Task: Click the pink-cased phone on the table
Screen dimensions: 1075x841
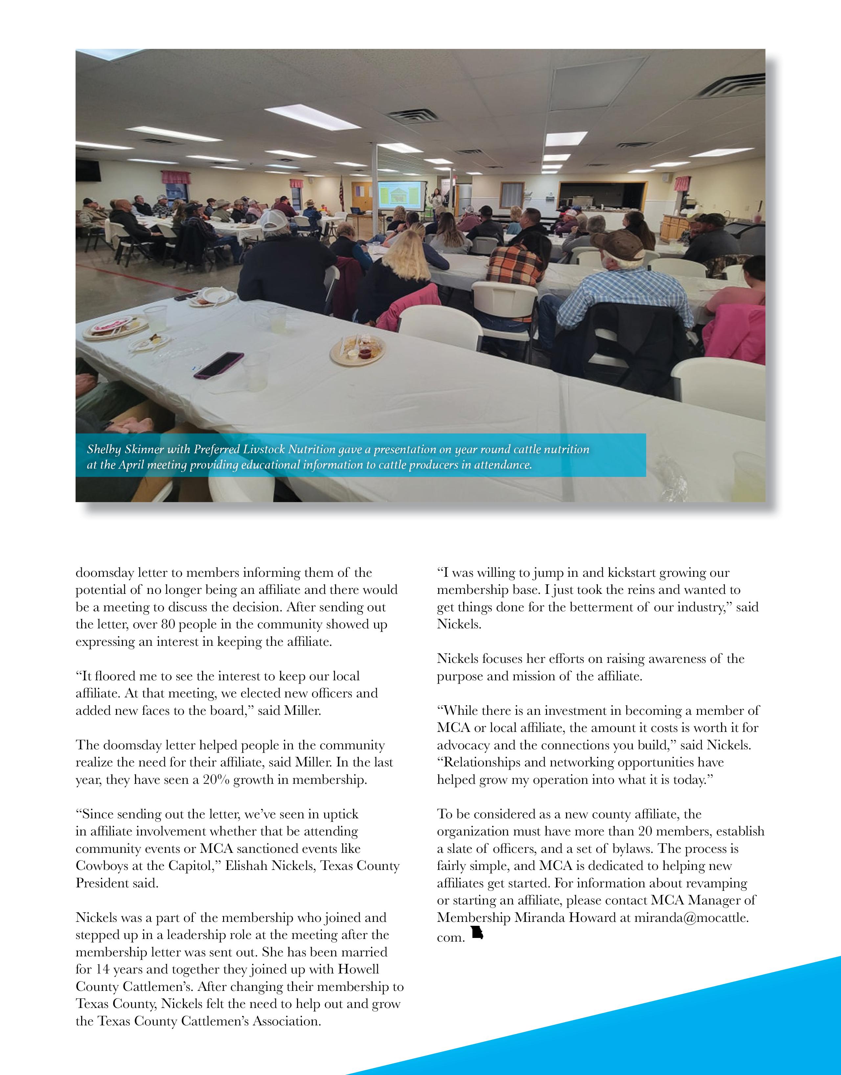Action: click(x=218, y=365)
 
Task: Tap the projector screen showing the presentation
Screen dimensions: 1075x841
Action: click(x=400, y=195)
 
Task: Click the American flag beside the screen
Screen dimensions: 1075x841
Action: click(x=341, y=192)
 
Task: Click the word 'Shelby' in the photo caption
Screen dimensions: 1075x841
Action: click(x=104, y=449)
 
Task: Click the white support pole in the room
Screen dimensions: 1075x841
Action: click(x=378, y=192)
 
